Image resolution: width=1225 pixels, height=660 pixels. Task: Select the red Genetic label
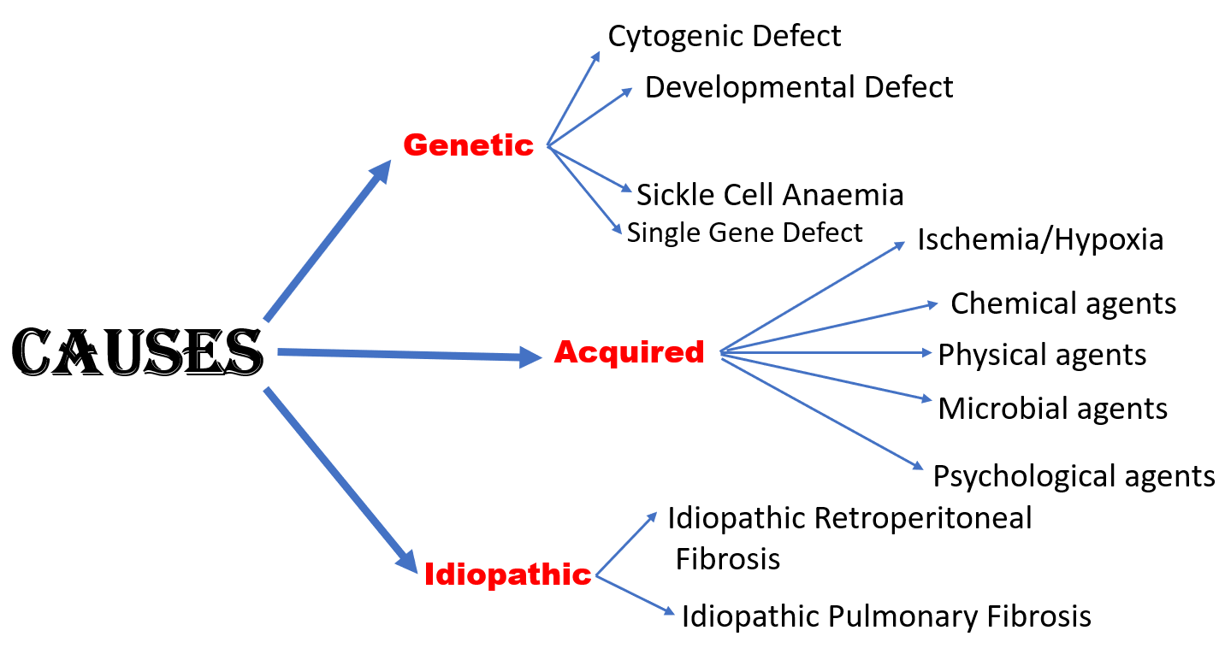468,145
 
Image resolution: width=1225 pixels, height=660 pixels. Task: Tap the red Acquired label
629,351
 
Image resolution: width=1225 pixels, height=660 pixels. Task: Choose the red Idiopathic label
507,575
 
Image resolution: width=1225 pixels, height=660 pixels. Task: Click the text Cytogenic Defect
725,36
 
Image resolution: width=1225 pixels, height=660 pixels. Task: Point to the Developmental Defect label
798,87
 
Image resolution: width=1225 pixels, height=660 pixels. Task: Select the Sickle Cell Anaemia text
770,195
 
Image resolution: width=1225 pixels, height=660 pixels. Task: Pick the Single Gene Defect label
744,233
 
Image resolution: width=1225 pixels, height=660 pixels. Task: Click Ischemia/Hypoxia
1040,239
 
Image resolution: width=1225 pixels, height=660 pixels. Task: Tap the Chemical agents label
1063,303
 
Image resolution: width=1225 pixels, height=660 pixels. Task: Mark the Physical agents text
1042,354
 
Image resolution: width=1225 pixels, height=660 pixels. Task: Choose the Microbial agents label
1052,408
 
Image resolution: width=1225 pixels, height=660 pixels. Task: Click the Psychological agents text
1074,475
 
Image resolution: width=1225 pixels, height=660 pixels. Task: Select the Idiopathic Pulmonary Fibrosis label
886,616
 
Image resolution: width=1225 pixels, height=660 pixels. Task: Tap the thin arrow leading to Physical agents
826,351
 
